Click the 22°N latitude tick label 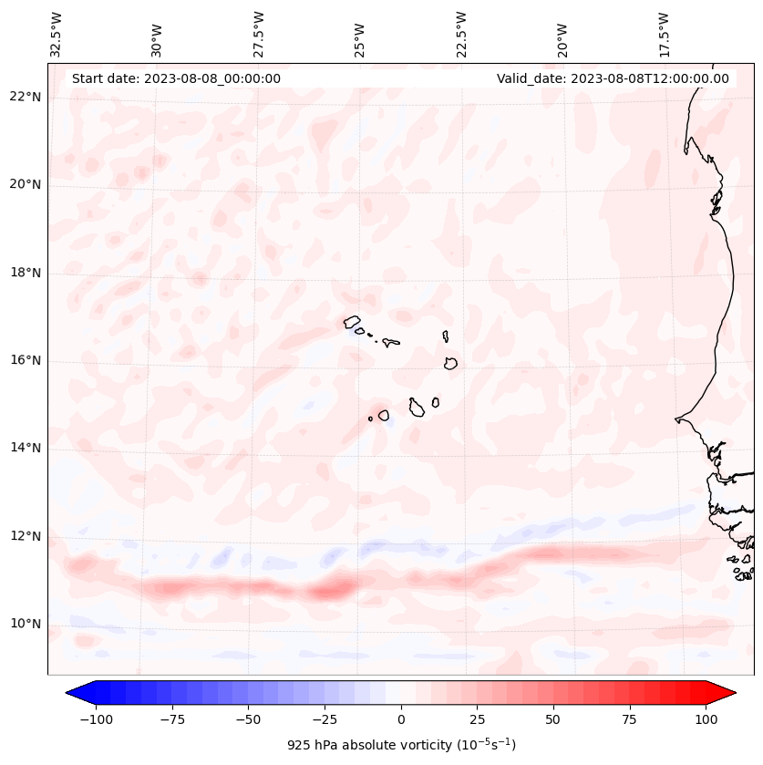[x=26, y=98]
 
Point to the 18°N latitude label [x=26, y=273]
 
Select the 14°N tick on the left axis [x=26, y=448]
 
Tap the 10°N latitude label [x=26, y=625]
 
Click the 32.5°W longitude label [x=57, y=34]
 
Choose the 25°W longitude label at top [x=360, y=34]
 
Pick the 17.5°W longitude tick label [x=664, y=34]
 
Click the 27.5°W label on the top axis [x=259, y=34]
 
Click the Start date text [x=176, y=78]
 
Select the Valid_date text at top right [x=613, y=78]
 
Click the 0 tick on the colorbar [x=401, y=719]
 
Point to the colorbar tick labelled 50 [x=552, y=719]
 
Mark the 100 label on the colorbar [x=706, y=719]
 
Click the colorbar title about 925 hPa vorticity [x=401, y=745]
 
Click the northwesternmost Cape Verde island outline [x=352, y=322]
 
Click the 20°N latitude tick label [x=26, y=185]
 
